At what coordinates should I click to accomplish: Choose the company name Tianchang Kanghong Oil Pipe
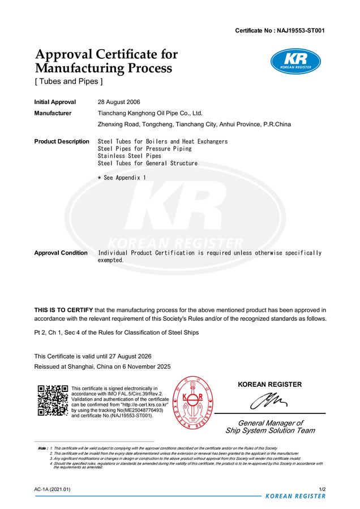click(150, 113)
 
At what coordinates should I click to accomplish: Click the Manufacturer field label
click(53, 113)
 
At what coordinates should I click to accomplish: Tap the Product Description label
click(62, 141)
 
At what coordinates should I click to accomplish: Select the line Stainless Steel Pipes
click(130, 156)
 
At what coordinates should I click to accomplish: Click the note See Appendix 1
click(122, 178)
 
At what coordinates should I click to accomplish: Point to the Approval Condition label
click(61, 253)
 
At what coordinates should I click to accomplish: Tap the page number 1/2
click(322, 489)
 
